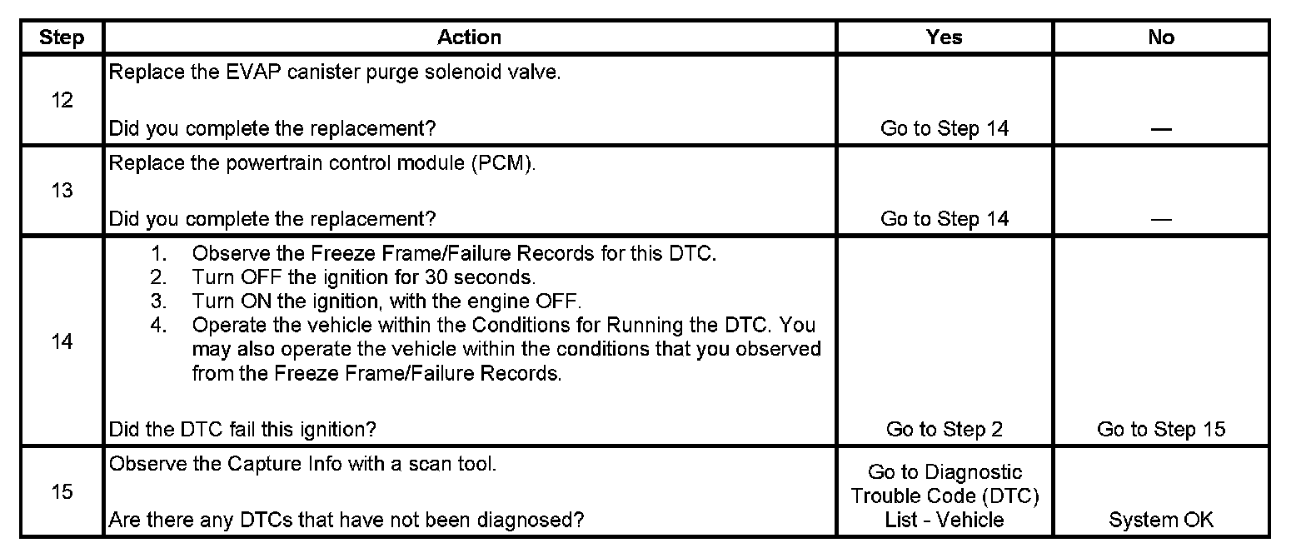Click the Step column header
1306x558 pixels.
62,38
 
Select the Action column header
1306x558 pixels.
470,37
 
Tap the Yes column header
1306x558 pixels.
945,37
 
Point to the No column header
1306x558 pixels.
1161,37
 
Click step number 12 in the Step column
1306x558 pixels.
62,101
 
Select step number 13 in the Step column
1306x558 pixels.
62,191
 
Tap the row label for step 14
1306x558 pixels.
62,341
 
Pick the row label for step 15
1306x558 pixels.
62,492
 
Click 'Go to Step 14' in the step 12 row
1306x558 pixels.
945,129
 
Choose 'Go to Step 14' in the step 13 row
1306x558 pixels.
945,219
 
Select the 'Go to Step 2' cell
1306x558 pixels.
945,430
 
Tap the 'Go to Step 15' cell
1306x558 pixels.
1161,430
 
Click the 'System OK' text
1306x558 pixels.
1161,521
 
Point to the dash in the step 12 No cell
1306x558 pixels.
1161,130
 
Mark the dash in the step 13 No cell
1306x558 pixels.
1161,220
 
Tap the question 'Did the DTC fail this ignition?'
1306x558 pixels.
243,430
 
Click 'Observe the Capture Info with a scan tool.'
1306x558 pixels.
303,464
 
